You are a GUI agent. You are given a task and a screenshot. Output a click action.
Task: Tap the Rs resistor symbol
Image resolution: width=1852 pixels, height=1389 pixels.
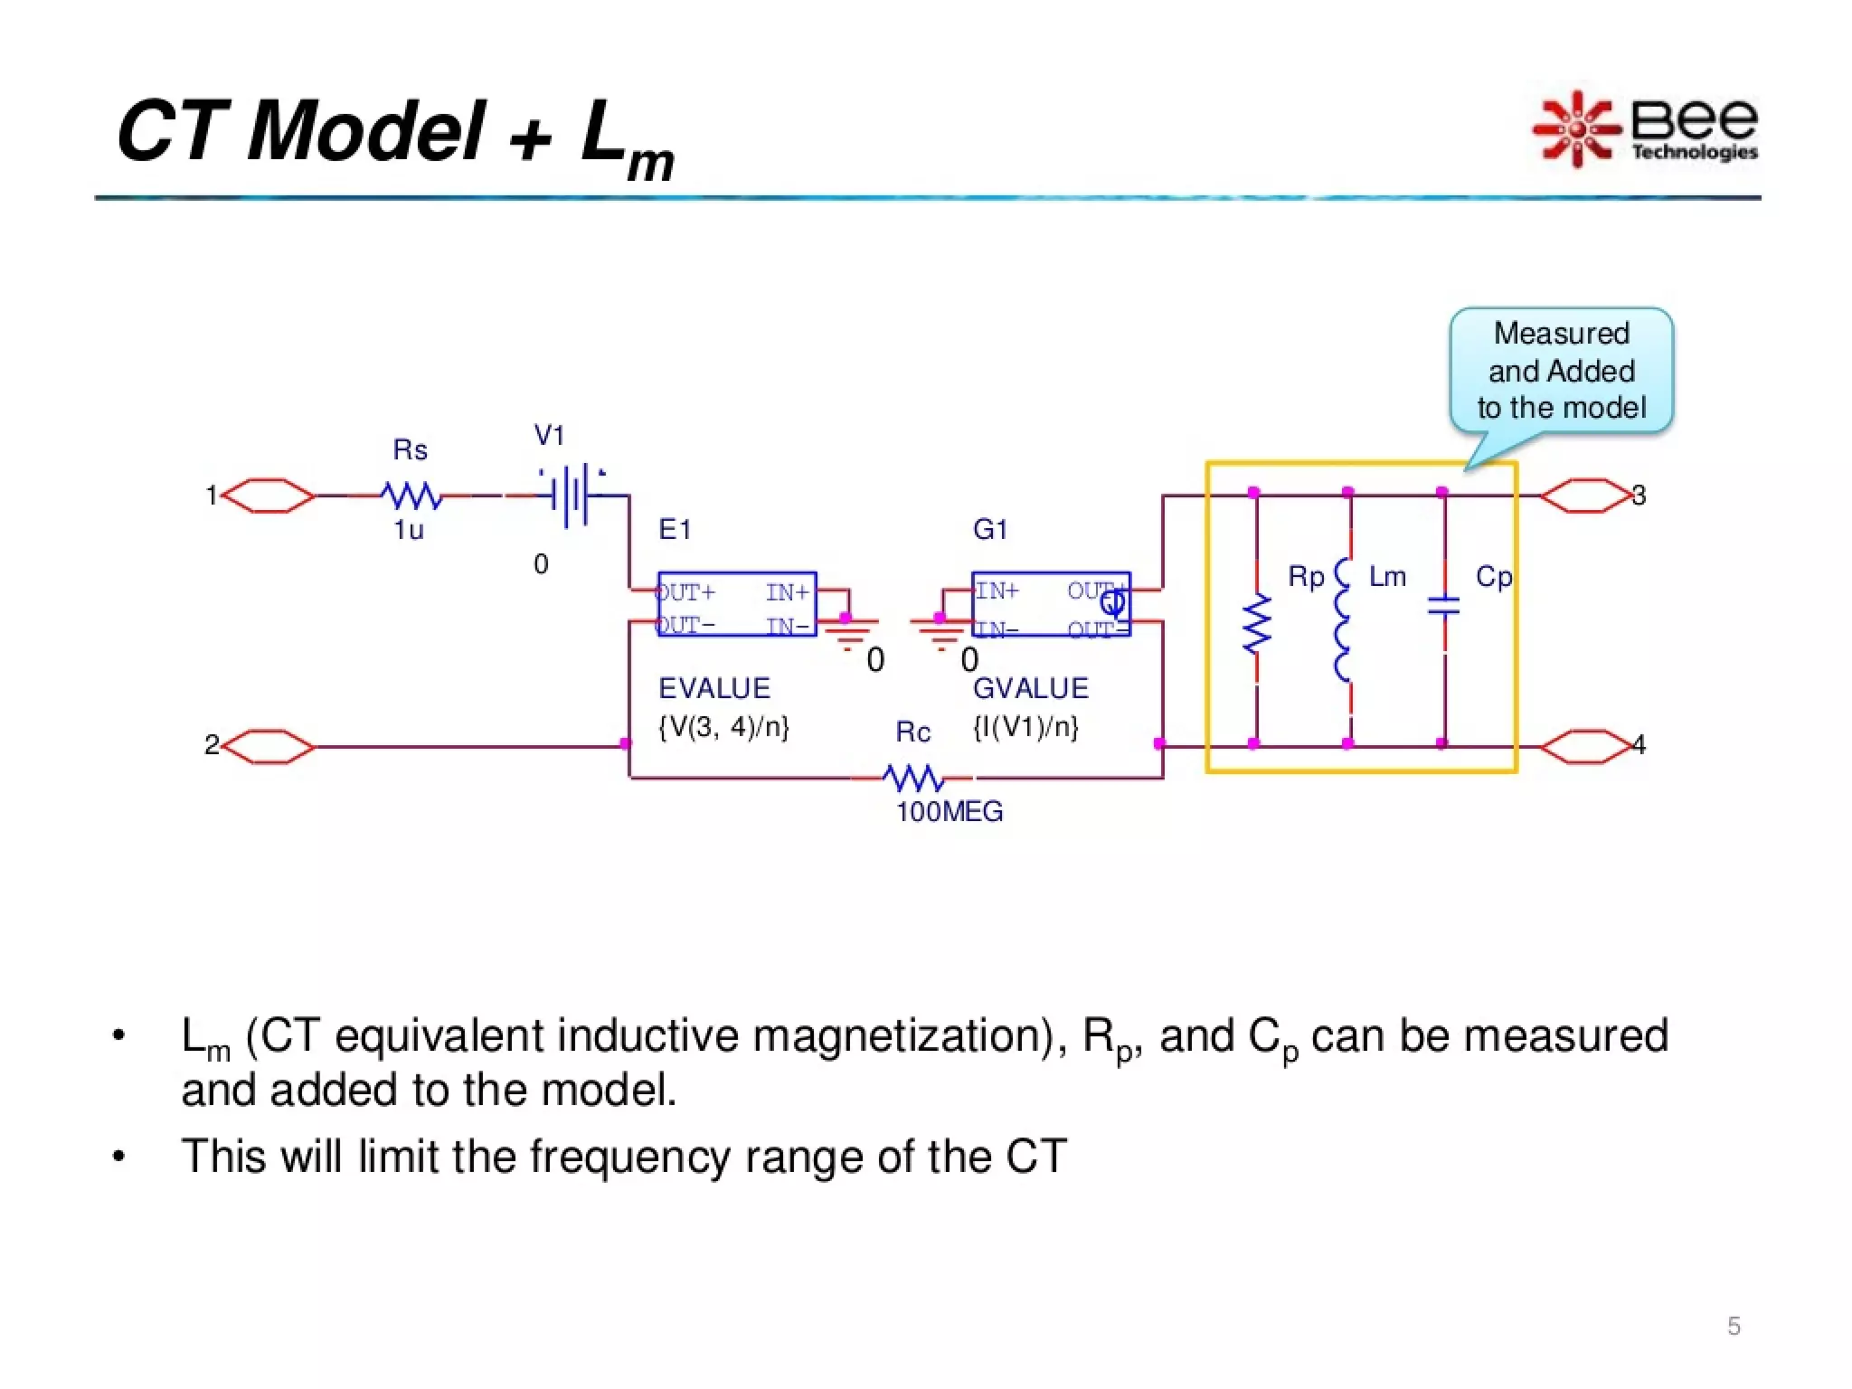tap(411, 496)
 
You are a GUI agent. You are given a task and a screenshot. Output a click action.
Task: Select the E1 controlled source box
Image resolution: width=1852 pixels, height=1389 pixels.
tap(737, 604)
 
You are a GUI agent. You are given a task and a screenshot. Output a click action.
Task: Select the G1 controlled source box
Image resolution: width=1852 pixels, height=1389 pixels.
tap(1051, 604)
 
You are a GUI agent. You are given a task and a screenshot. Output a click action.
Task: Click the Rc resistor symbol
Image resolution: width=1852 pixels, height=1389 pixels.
tap(913, 778)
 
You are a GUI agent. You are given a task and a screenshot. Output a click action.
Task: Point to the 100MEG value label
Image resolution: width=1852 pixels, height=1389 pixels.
tap(950, 811)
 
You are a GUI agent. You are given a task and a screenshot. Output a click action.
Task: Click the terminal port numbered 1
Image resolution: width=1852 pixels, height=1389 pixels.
tap(268, 496)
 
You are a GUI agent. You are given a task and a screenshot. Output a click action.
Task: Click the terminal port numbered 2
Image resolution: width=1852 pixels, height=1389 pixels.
tap(268, 746)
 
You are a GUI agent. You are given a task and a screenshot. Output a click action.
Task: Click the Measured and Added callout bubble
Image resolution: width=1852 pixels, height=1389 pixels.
tap(1562, 371)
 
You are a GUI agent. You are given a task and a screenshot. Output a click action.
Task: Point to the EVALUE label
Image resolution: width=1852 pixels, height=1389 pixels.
tap(714, 688)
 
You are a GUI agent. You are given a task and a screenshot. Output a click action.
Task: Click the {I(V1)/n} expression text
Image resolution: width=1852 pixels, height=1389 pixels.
tap(1025, 726)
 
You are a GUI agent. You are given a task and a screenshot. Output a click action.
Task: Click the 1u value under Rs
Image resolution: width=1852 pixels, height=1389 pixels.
tap(409, 530)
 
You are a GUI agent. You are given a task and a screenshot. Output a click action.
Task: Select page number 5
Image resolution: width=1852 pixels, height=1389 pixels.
tap(1734, 1326)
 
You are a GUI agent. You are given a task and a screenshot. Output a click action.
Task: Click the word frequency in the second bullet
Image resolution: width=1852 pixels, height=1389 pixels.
tap(629, 1157)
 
